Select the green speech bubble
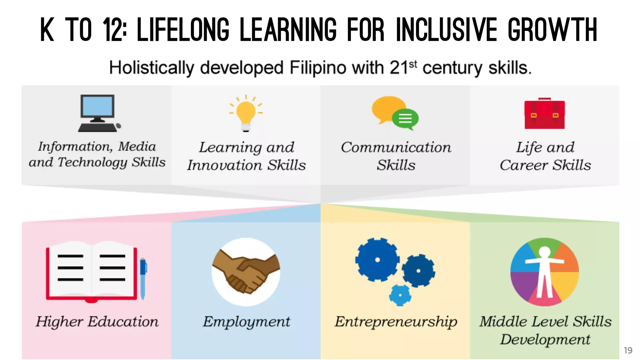click(405, 119)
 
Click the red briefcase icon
click(544, 114)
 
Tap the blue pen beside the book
click(143, 278)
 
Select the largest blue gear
click(377, 259)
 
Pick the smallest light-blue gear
click(400, 295)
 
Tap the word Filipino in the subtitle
click(317, 68)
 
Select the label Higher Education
click(97, 322)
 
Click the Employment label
click(246, 322)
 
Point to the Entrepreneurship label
click(396, 322)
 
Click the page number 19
click(628, 350)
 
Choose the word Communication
click(396, 147)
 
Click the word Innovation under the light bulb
click(224, 165)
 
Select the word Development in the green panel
click(545, 340)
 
